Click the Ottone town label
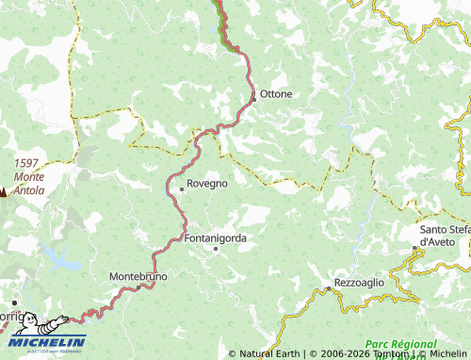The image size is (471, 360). pos(276,94)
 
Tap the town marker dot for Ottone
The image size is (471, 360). pos(253,95)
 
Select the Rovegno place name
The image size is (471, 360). pos(207,184)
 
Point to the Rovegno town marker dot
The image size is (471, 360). pos(182,189)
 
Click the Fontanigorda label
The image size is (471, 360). pos(216,238)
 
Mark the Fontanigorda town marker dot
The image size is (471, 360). pos(215,250)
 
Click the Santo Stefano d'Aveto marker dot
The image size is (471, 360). pos(414,249)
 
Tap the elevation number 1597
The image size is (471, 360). pos(27,163)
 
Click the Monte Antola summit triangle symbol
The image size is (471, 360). pos(3,193)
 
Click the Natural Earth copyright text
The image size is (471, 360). pos(266,354)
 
